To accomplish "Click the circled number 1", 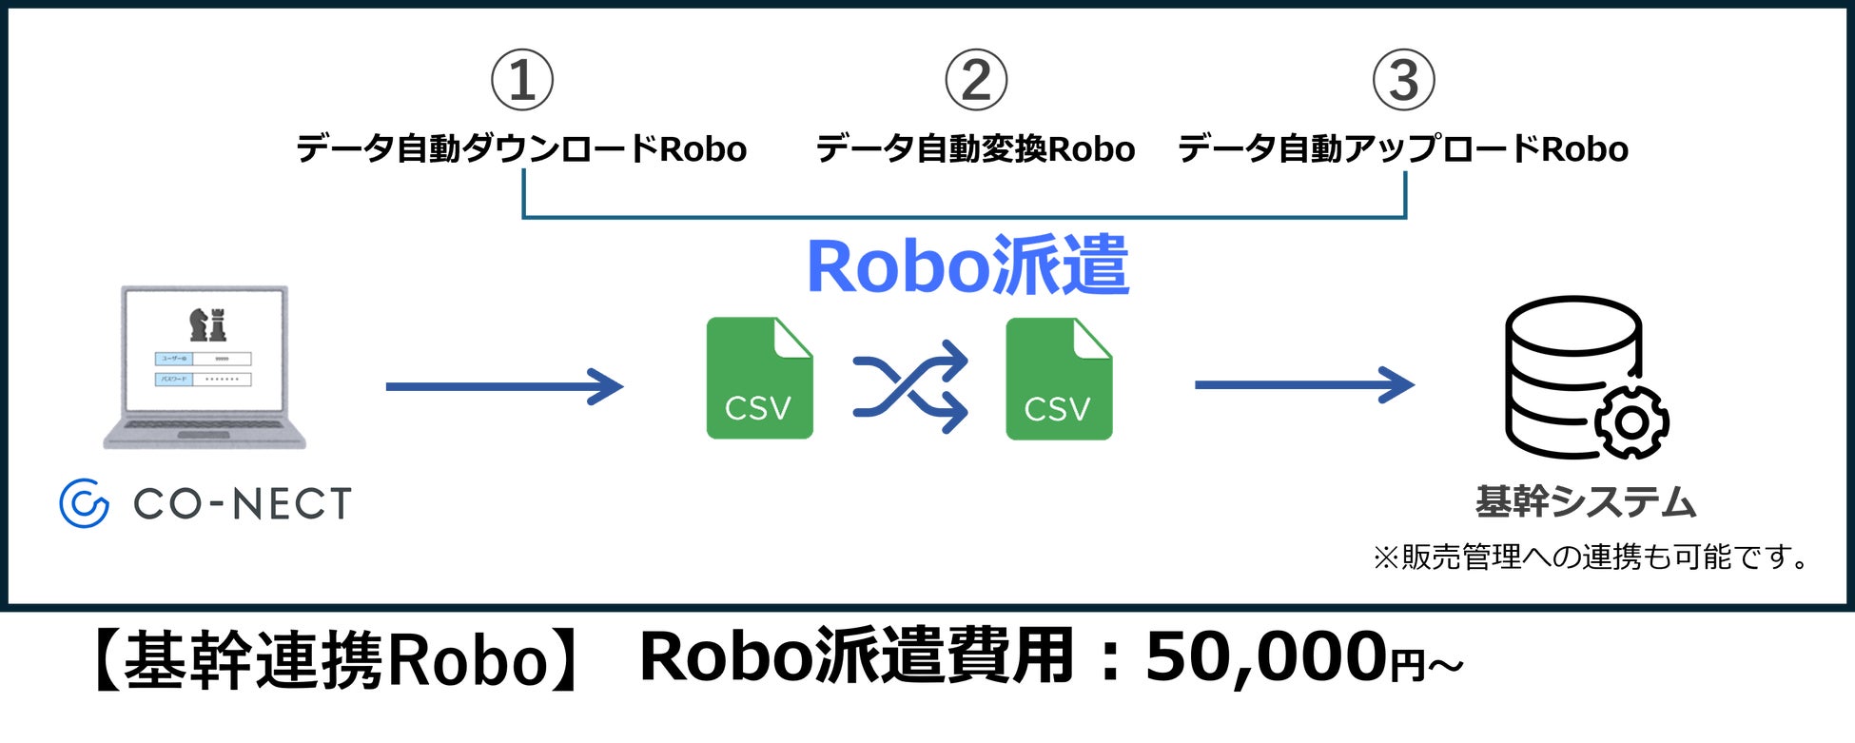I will pos(521,81).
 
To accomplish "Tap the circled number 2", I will pos(975,81).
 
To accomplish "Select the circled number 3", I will pos(1403,81).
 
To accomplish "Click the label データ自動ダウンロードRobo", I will pos(521,149).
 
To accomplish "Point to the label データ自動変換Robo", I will pos(975,149).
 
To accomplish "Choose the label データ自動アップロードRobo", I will pos(1403,149).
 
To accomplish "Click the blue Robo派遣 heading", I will pos(967,266).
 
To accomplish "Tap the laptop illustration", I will pos(205,366).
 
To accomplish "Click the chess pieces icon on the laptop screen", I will pos(207,324).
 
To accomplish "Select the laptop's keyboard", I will pos(205,424).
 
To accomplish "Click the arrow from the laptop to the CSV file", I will pos(504,386).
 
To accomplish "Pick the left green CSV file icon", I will pos(759,379).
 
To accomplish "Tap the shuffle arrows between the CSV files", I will pos(910,386).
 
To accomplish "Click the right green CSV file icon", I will pos(1059,379).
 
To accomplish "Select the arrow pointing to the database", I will pos(1304,385).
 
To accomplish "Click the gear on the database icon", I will pos(1631,421).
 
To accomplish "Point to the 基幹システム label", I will pos(1586,501).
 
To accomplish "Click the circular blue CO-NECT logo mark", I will pos(84,503).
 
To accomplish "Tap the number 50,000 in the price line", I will pos(1266,658).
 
